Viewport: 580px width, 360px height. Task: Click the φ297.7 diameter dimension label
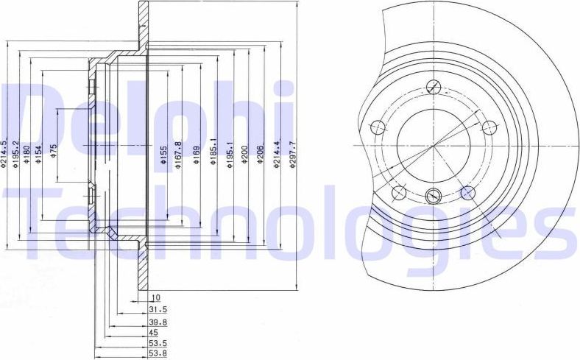[x=292, y=155]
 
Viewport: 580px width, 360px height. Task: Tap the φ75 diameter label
[x=53, y=152]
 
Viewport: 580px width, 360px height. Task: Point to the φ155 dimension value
[x=163, y=155]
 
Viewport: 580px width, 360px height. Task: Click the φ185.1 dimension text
[x=214, y=155]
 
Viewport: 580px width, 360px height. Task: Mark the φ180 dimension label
[x=26, y=155]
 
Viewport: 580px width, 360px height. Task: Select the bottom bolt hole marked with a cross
[x=434, y=195]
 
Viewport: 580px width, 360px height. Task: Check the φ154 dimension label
[x=38, y=155]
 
